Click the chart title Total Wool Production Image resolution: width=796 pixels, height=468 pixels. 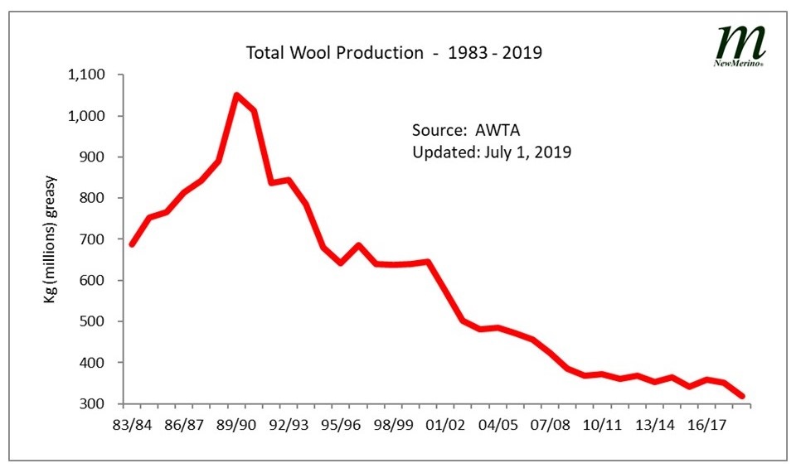(x=394, y=53)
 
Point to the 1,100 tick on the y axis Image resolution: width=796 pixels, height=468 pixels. (x=85, y=75)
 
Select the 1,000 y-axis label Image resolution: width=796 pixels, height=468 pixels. (x=85, y=116)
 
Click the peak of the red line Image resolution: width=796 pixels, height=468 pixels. (x=236, y=95)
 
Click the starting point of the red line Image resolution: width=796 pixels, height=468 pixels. (x=132, y=244)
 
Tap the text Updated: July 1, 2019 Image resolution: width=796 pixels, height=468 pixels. (x=492, y=152)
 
